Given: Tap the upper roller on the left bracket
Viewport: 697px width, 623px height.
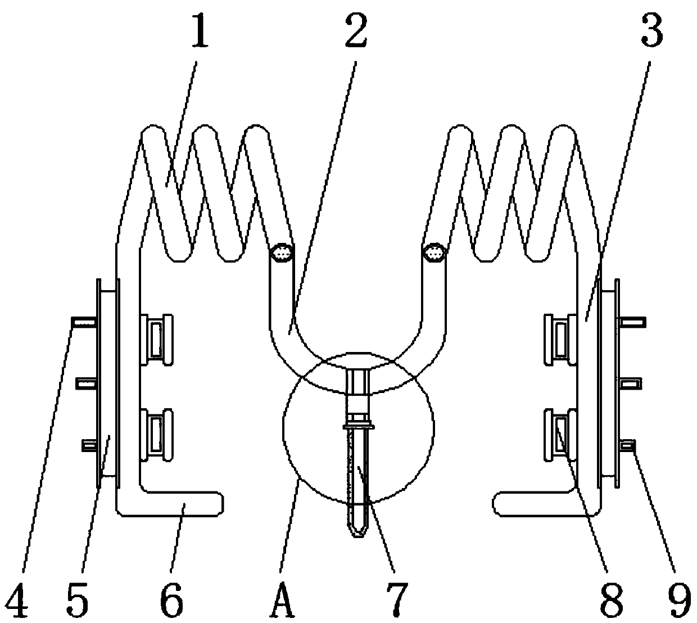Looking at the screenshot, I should [156, 339].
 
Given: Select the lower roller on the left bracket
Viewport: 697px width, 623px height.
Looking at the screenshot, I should [156, 435].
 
